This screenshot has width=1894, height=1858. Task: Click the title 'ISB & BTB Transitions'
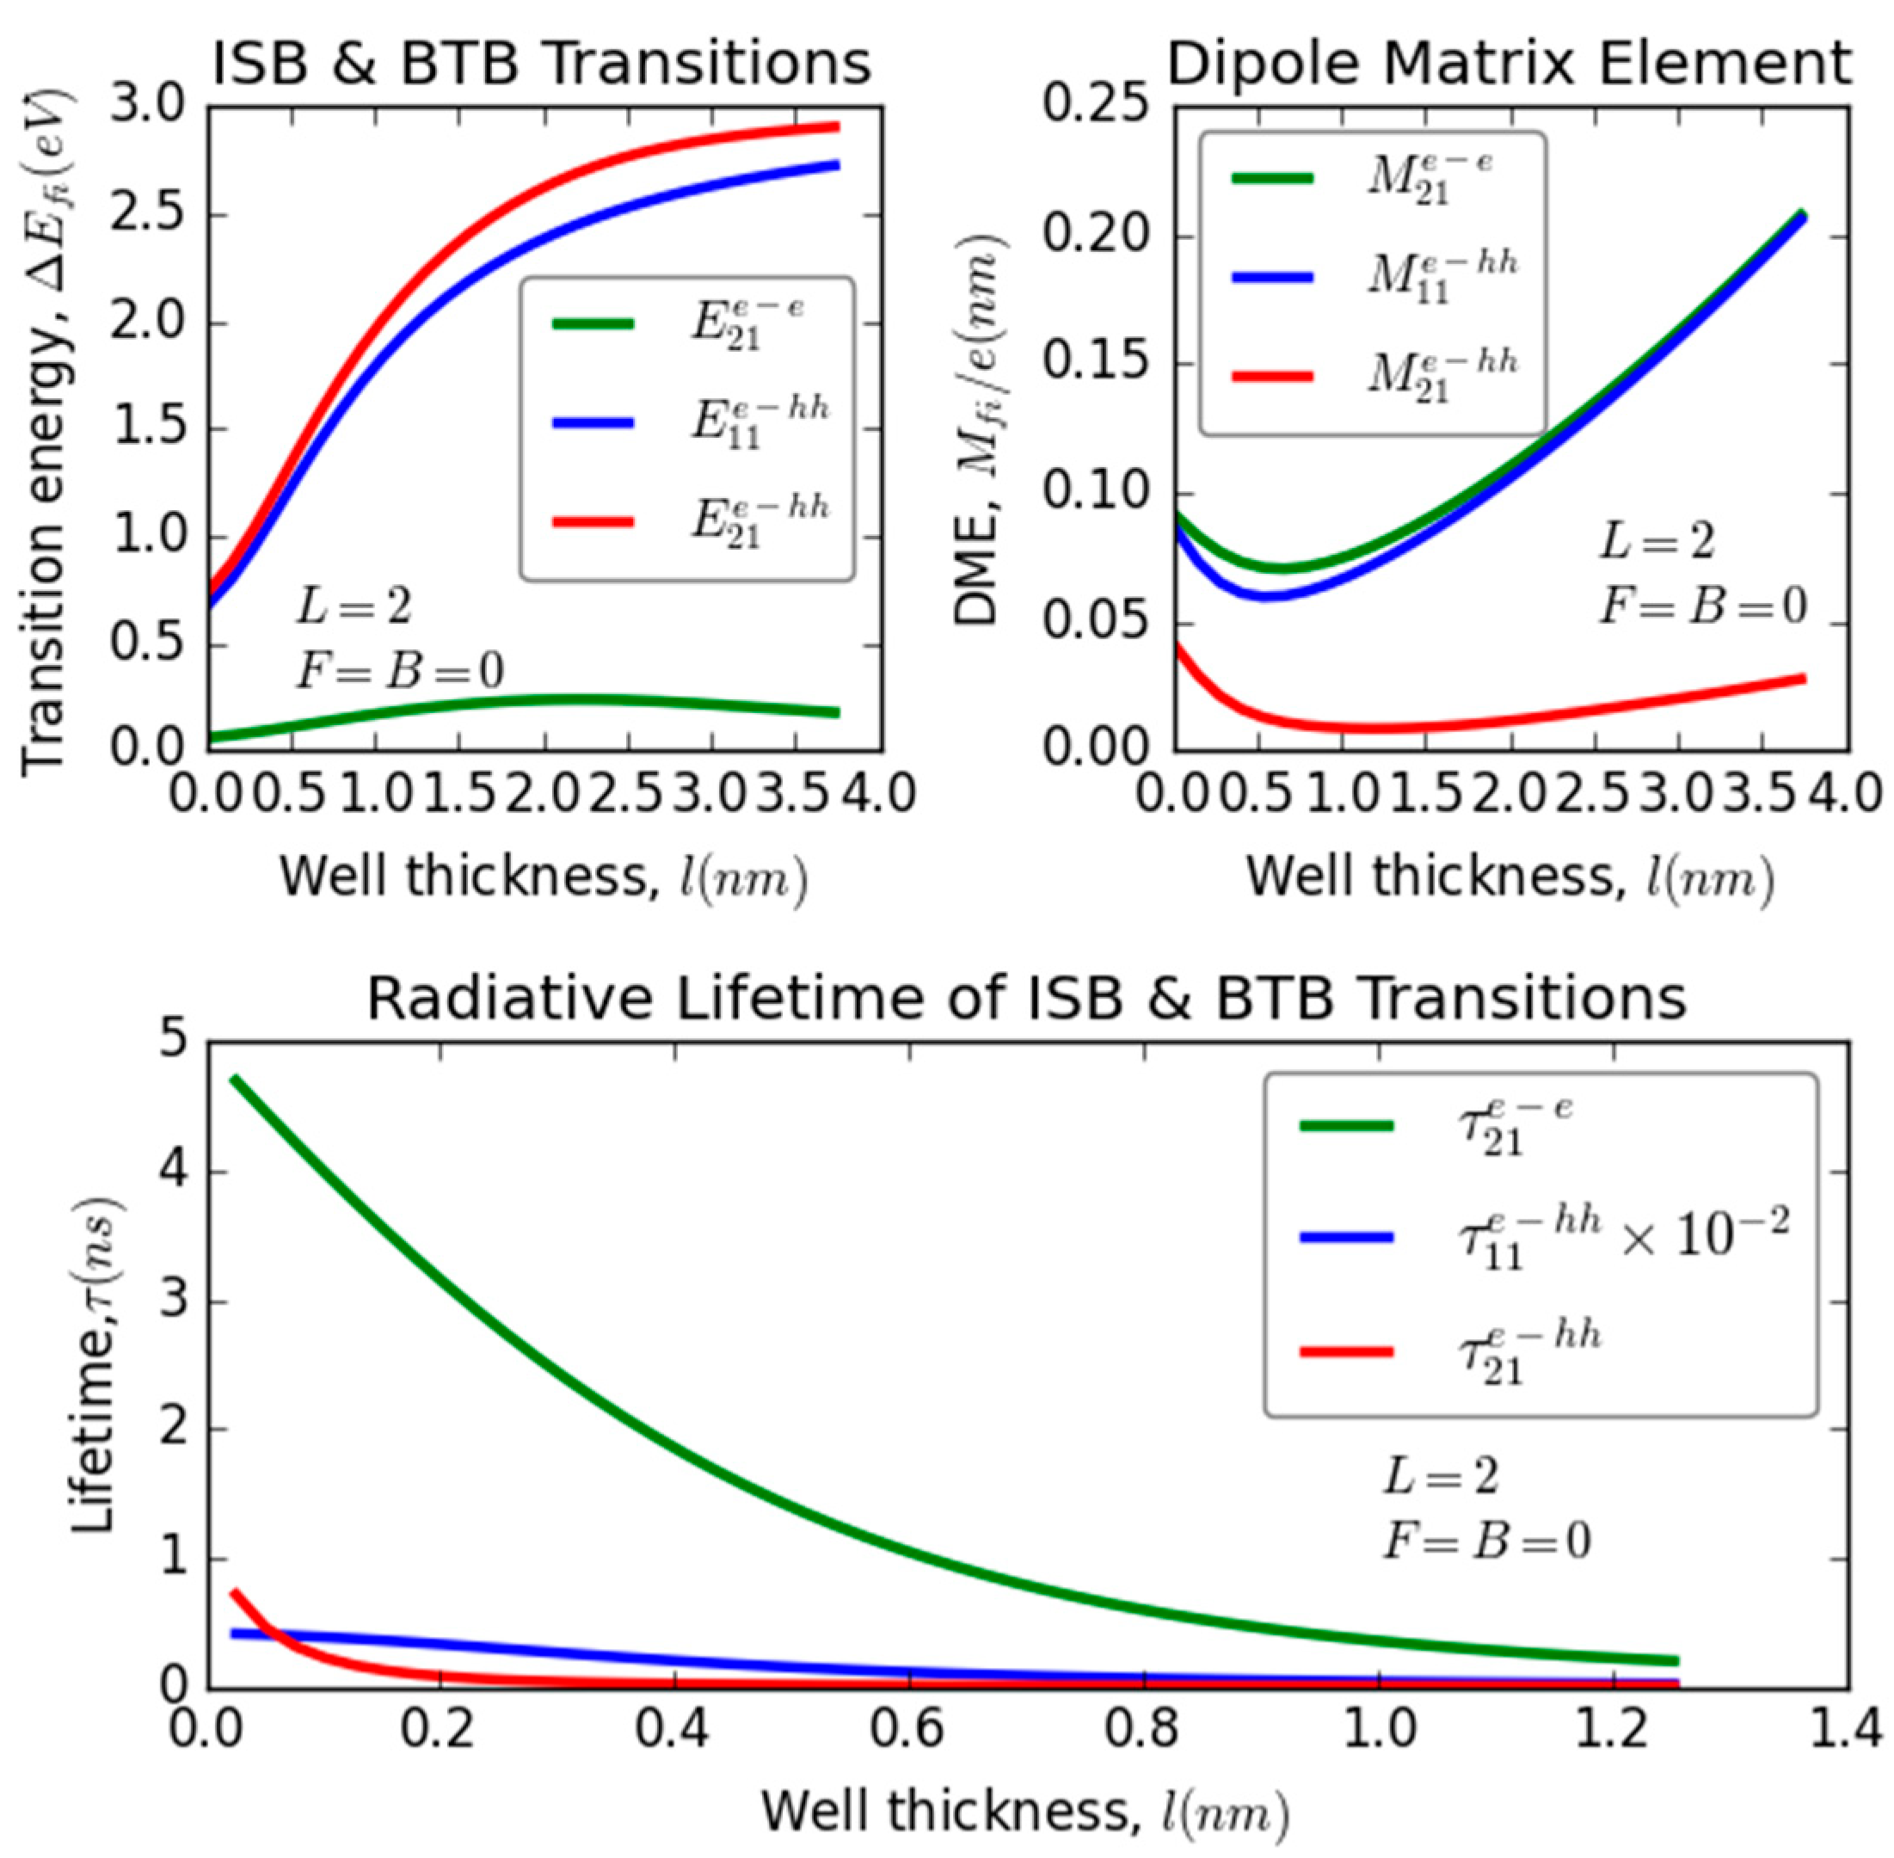point(542,65)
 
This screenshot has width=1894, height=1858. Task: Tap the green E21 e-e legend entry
point(683,324)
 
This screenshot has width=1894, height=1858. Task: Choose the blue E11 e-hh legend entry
point(683,422)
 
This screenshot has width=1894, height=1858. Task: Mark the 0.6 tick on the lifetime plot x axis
point(908,1728)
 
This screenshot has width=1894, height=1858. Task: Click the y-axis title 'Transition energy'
point(44,429)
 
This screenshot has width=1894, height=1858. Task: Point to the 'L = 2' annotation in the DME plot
point(1656,540)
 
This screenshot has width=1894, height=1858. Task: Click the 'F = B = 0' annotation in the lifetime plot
point(1486,1540)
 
